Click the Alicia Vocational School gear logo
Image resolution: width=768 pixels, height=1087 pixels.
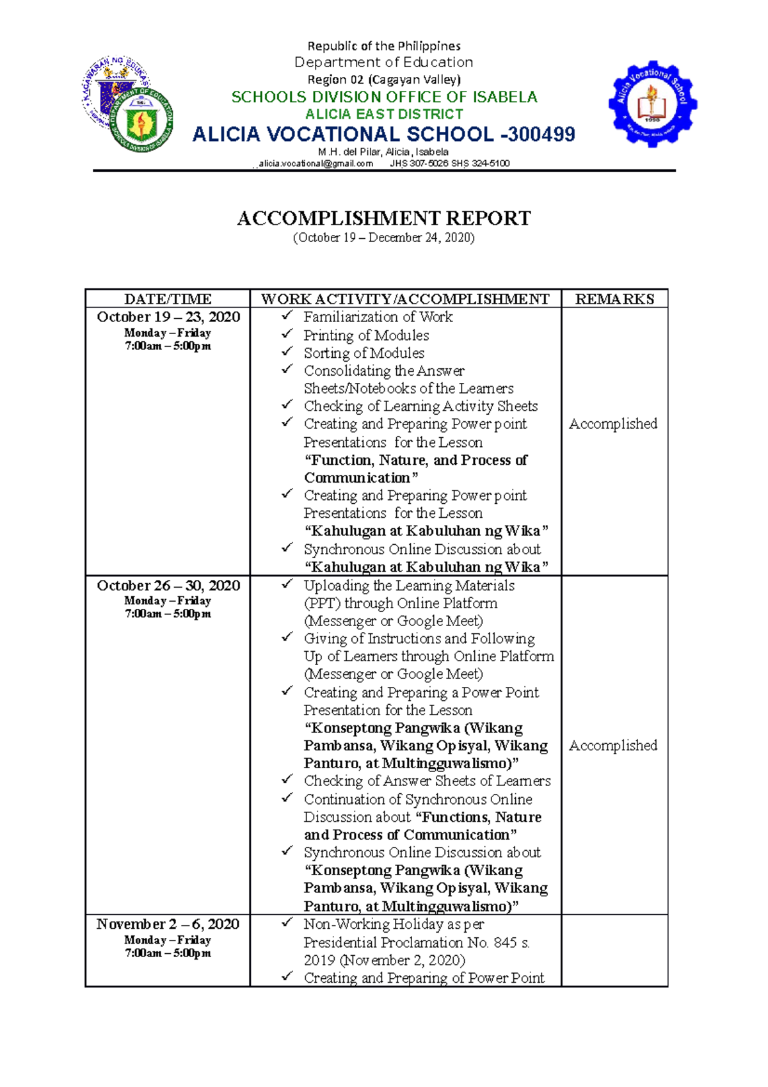(652, 104)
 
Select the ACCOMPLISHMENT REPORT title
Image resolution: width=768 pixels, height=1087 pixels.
(383, 218)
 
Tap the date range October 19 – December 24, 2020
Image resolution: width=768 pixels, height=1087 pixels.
(383, 238)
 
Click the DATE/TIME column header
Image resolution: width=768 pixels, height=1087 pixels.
(168, 299)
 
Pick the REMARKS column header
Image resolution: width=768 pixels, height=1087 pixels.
(614, 299)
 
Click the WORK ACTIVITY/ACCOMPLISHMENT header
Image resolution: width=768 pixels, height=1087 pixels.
(405, 299)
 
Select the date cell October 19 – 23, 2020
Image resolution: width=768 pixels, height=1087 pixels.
(168, 317)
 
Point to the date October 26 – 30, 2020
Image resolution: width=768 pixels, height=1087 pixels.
(168, 586)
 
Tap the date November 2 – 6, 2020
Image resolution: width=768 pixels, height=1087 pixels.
(168, 924)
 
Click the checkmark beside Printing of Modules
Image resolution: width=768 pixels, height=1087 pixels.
(287, 334)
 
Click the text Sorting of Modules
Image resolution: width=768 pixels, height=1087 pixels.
(364, 353)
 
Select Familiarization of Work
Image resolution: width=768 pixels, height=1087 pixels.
(378, 317)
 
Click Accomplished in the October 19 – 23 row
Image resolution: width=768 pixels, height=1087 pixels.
(612, 424)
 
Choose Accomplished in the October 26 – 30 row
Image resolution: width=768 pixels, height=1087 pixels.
(612, 745)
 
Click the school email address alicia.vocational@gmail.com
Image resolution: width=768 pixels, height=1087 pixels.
(316, 163)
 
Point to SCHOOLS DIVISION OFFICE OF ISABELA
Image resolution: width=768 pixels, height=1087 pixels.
(384, 97)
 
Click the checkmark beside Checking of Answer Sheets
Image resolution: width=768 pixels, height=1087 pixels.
(287, 779)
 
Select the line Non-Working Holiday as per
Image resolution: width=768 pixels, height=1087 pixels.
(394, 924)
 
